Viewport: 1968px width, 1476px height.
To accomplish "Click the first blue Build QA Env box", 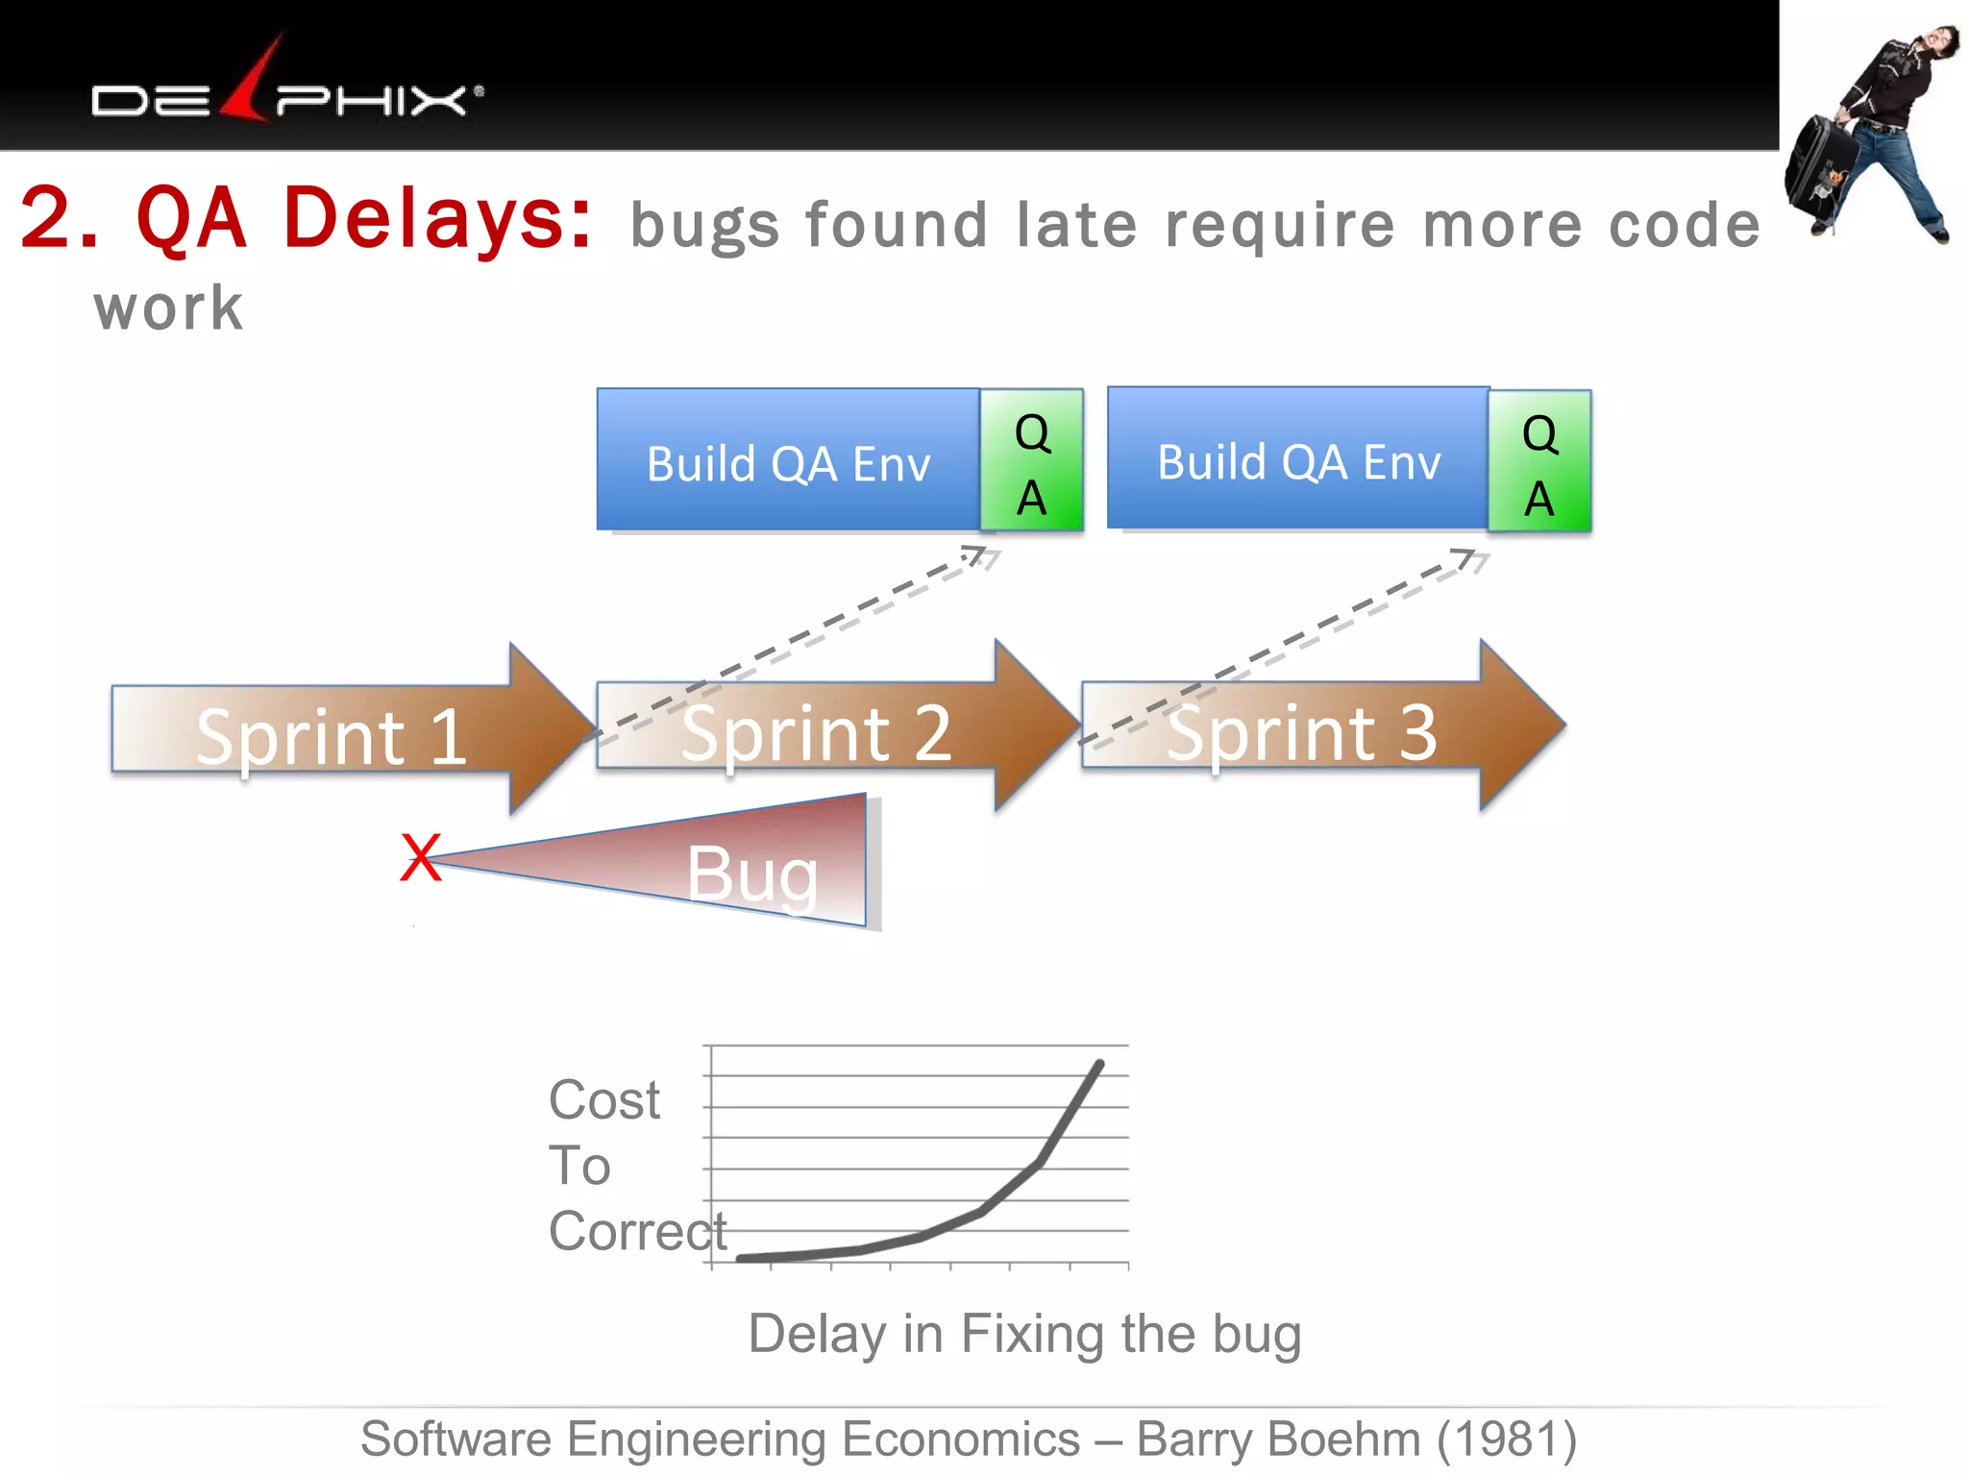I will click(788, 461).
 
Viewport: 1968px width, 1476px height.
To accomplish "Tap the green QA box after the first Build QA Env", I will click(1032, 462).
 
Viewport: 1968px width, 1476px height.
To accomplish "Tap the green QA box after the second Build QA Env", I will click(1539, 462).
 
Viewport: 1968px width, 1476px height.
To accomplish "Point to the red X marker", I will click(420, 857).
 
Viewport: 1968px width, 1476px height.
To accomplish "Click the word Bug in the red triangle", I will click(752, 874).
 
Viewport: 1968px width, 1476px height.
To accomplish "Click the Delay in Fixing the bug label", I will click(1024, 1334).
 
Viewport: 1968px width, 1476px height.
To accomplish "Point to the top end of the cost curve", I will click(1099, 1064).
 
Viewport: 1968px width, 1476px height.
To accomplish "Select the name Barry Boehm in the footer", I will click(1278, 1439).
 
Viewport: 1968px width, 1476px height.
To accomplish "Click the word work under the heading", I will click(169, 309).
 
